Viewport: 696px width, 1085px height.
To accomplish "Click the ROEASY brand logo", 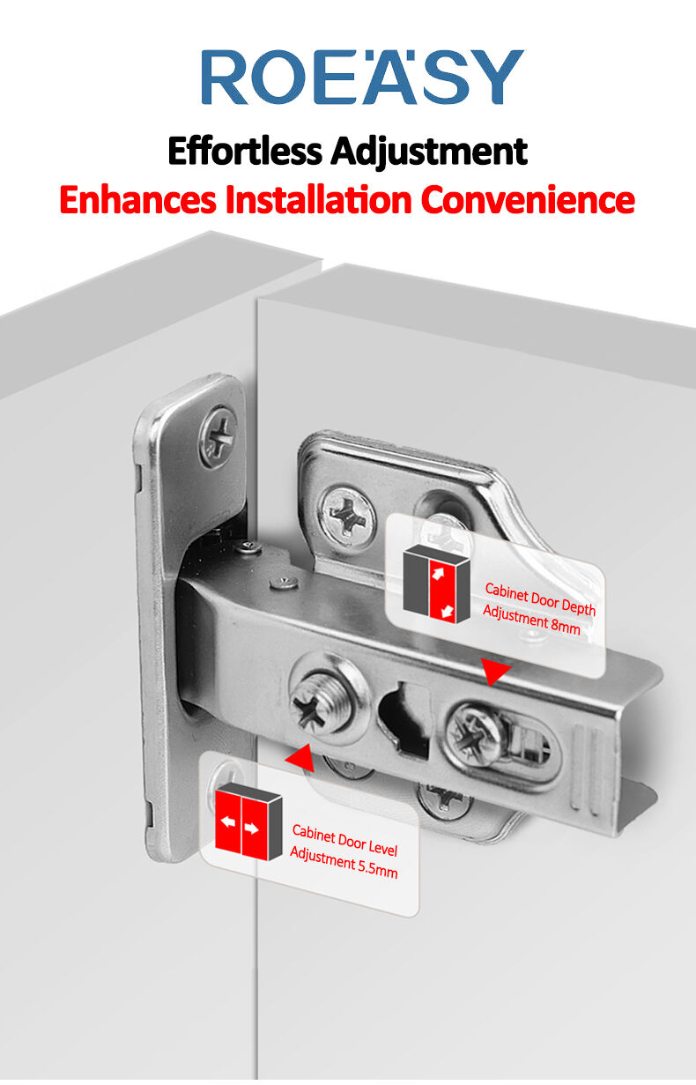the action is pos(362,77).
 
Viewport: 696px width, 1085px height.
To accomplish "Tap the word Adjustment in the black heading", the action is pos(429,152).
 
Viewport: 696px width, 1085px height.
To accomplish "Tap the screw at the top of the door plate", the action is pos(218,437).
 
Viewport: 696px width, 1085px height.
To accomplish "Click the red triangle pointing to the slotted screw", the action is pos(494,672).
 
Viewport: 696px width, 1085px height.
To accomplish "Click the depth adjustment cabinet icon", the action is pos(437,583).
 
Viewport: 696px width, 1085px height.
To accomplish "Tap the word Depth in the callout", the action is pos(578,606).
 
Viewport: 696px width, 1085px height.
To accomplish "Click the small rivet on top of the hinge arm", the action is pos(284,581).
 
